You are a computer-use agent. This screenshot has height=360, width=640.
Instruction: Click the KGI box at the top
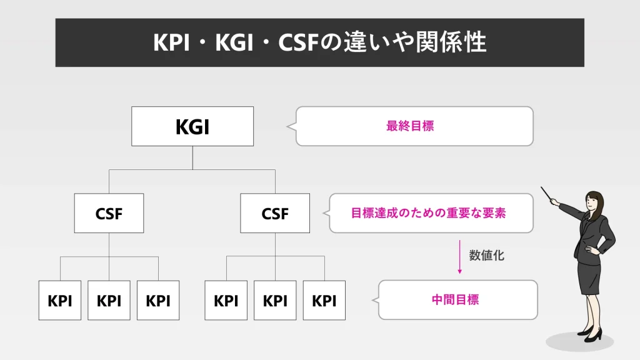(192, 126)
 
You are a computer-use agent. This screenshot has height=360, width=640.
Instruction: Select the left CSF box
(109, 213)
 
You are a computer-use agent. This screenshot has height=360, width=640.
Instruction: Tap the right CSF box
(275, 213)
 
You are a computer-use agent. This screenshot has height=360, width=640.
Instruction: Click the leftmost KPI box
(60, 300)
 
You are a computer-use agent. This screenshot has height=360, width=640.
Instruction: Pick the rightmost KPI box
(324, 300)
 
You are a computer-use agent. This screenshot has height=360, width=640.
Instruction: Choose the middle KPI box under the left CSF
(109, 300)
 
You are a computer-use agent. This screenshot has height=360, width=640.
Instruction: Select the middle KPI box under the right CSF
(275, 300)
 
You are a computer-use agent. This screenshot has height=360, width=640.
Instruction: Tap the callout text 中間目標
(455, 299)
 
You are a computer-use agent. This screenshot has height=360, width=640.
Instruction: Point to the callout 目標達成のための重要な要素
(429, 213)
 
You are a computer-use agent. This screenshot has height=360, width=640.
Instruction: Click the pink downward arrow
(460, 256)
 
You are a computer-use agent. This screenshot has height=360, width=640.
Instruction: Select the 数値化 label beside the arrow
(487, 256)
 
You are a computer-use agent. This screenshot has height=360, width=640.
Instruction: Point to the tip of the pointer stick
(542, 187)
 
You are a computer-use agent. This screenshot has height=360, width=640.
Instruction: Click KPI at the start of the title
(172, 42)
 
